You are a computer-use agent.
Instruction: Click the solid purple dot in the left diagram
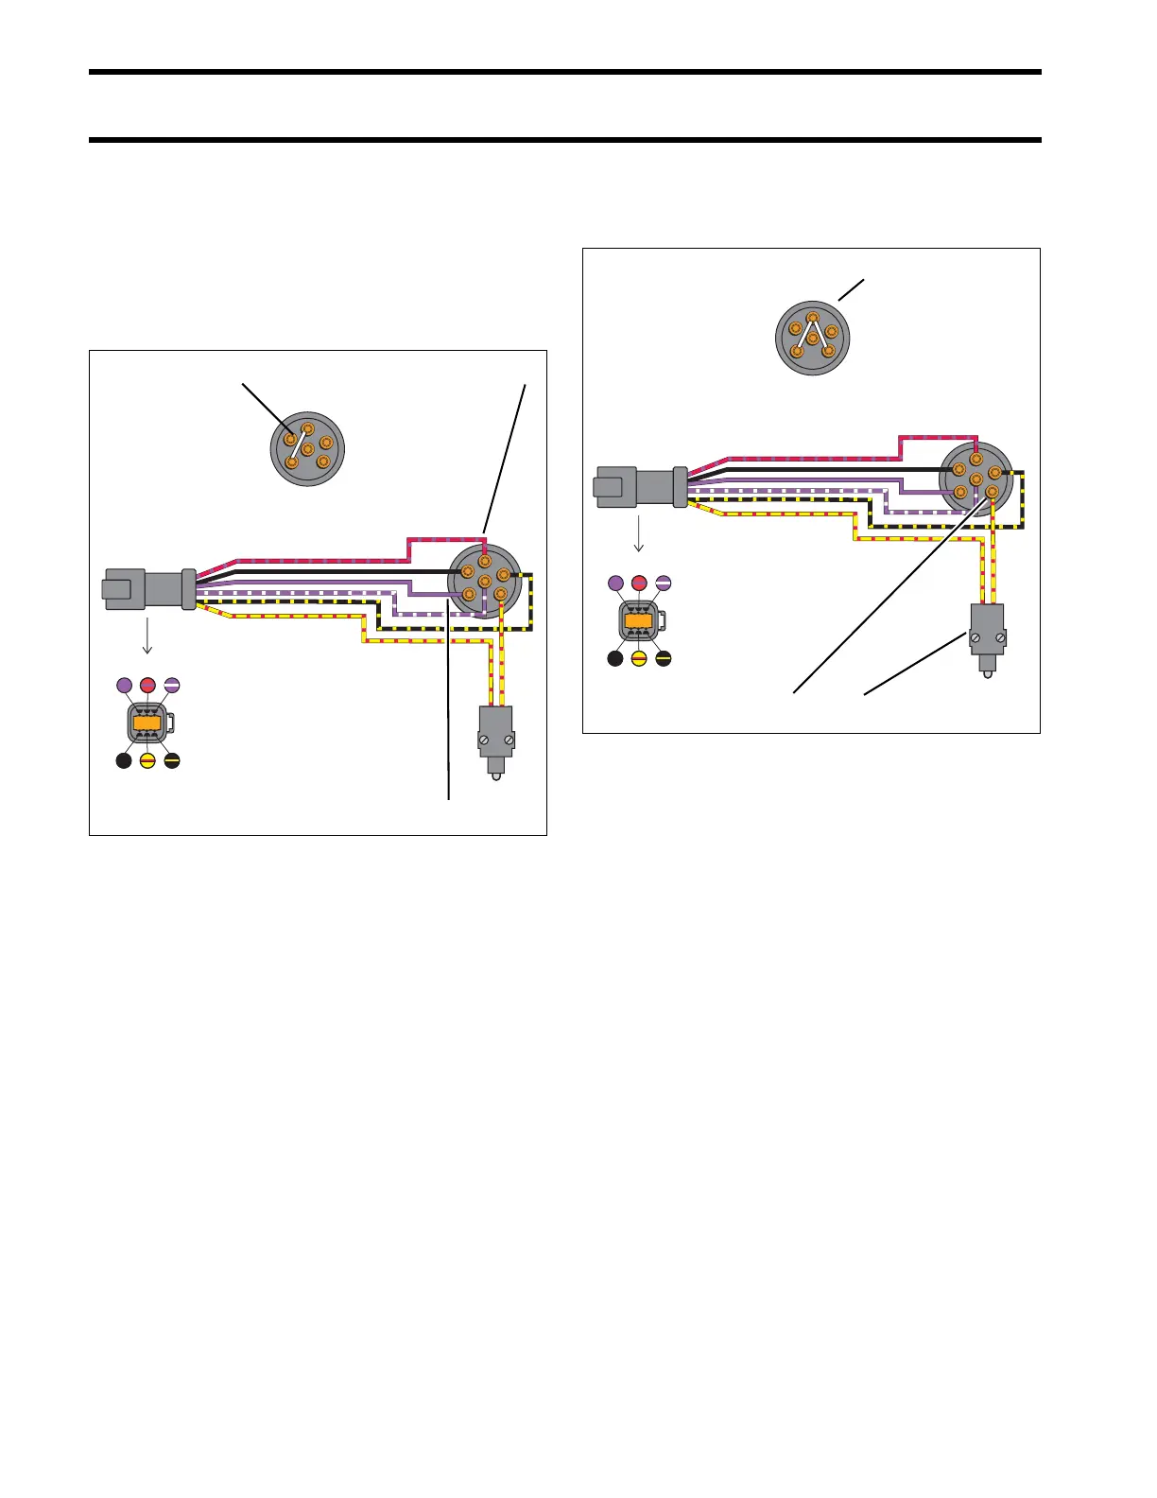click(x=124, y=685)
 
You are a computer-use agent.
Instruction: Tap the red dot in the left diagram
click(x=147, y=685)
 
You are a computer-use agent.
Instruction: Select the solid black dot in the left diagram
click(x=124, y=760)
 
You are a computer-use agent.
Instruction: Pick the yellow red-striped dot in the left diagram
click(x=147, y=760)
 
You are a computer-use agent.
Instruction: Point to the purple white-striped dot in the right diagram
click(x=663, y=583)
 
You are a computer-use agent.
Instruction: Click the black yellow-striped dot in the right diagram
click(x=663, y=659)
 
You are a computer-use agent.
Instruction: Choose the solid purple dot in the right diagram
click(x=615, y=583)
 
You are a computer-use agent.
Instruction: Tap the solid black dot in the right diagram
click(x=615, y=659)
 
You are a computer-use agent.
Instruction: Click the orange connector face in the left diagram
click(x=147, y=723)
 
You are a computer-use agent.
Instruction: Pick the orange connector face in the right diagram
click(x=639, y=621)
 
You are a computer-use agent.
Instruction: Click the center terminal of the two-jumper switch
click(x=812, y=337)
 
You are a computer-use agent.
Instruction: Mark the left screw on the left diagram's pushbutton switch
click(x=485, y=739)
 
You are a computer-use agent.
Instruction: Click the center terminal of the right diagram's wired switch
click(x=976, y=479)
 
